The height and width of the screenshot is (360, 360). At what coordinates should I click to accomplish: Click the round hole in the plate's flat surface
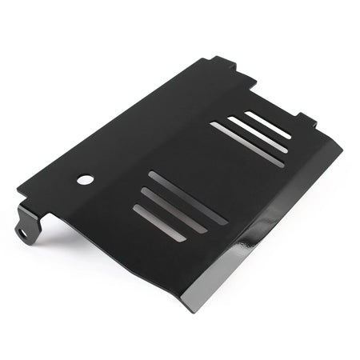point(84,179)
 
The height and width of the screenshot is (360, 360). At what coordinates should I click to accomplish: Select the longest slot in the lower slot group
point(188,198)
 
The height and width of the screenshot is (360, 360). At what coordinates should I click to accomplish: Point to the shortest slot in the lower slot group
point(159,223)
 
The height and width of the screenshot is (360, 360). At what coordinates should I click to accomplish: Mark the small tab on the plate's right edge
point(306,119)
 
